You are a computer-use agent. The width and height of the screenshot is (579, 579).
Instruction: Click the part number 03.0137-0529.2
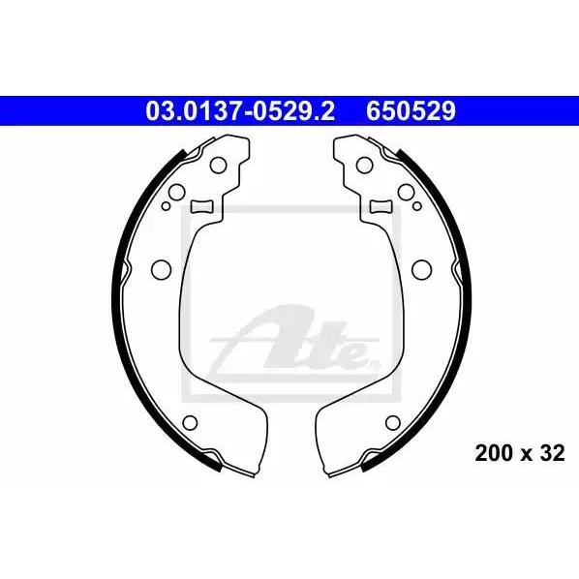pos(240,111)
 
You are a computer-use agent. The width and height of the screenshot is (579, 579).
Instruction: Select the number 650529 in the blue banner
pos(411,111)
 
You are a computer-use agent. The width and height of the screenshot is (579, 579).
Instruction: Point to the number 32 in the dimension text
pos(553,453)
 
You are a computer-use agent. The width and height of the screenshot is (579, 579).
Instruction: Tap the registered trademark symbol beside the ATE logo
pos(375,365)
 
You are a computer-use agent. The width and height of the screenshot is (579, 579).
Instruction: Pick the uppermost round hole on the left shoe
pos(218,165)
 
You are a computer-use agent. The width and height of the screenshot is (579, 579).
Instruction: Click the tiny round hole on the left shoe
pos(167,206)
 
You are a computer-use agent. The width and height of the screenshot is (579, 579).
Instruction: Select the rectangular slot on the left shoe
pos(202,206)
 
